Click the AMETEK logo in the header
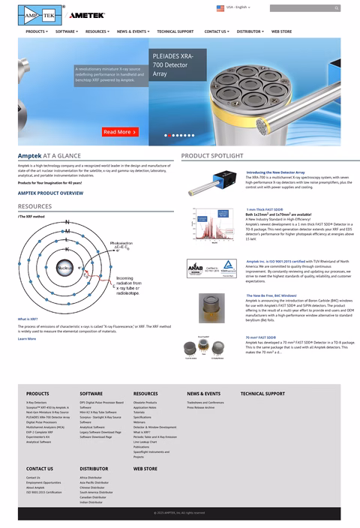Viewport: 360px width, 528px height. click(x=87, y=14)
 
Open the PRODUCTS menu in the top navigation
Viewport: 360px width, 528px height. click(x=36, y=31)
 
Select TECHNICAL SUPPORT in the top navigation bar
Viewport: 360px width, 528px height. click(x=175, y=31)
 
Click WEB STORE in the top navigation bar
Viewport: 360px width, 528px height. click(x=281, y=31)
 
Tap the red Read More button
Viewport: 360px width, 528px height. click(x=120, y=132)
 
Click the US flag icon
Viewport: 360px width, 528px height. click(x=220, y=7)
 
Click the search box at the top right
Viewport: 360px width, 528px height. click(x=304, y=8)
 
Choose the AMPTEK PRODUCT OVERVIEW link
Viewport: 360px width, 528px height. click(x=50, y=193)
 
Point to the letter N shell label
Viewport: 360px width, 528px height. click(x=67, y=223)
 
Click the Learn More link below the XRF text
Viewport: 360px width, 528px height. click(x=26, y=338)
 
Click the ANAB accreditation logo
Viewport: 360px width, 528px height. click(x=195, y=266)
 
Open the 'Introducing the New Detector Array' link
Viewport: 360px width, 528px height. click(x=275, y=172)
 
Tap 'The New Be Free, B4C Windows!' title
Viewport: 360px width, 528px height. click(x=271, y=295)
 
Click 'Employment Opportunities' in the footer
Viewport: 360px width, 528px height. click(x=43, y=483)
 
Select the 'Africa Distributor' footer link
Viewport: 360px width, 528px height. click(x=90, y=478)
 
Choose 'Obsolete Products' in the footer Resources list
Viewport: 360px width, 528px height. click(x=145, y=403)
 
